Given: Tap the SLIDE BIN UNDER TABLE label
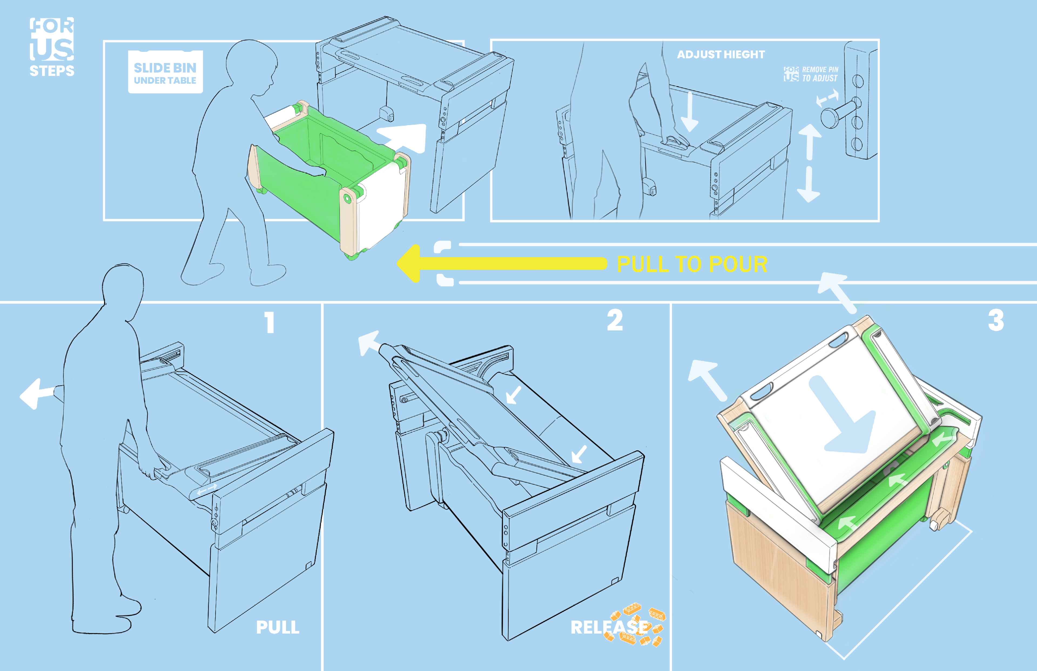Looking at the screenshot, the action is point(165,73).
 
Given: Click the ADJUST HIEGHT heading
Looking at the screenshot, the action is point(721,55).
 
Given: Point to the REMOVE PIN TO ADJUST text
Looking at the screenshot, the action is point(819,74).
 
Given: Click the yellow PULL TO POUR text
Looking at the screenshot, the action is point(692,264).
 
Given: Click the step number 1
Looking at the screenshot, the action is point(270,322).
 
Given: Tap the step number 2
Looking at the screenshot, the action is point(615,321).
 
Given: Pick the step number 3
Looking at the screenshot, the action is point(996,321).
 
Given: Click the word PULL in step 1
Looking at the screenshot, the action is point(278,628).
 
